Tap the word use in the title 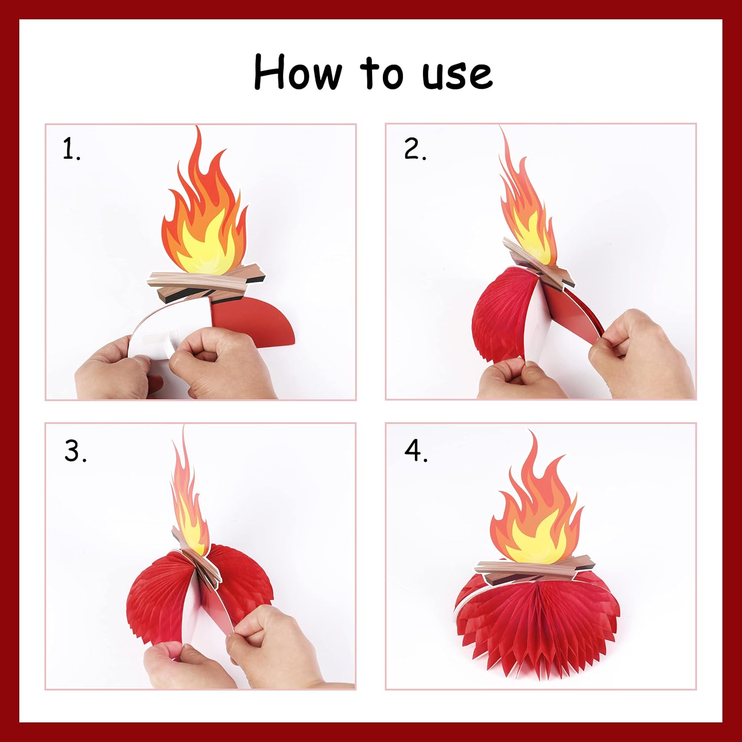[457, 75]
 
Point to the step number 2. [415, 149]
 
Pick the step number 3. [75, 451]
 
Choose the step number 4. [416, 451]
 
